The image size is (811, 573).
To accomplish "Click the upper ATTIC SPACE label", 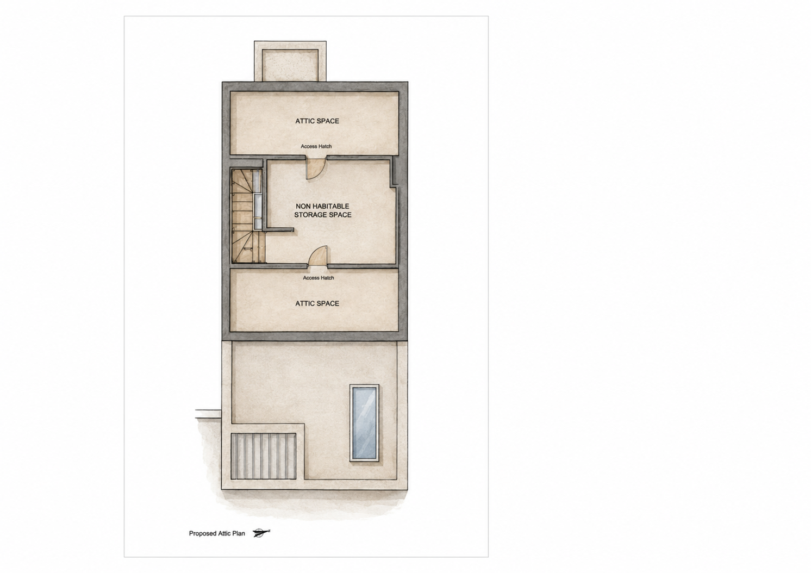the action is tap(317, 121).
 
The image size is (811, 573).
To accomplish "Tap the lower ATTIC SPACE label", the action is tap(317, 303).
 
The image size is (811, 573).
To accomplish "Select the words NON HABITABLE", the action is tap(322, 206).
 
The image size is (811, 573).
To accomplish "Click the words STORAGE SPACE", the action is tap(322, 215).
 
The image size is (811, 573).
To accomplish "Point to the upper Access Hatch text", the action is tap(316, 146).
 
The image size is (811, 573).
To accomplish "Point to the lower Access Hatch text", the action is tap(318, 278).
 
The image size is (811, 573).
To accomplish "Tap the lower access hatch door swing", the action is tap(318, 256).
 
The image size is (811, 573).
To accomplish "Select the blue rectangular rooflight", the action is tap(364, 423).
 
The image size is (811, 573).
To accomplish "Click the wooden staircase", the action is tap(243, 216).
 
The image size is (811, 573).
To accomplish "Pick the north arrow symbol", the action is tap(261, 533).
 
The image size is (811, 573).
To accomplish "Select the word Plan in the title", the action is tap(239, 533).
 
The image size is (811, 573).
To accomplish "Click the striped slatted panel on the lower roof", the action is tap(264, 456).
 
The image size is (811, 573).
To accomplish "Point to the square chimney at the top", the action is tap(290, 61).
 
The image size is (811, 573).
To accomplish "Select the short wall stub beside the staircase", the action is tap(280, 229).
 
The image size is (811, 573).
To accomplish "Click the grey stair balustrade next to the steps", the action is tap(258, 200).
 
